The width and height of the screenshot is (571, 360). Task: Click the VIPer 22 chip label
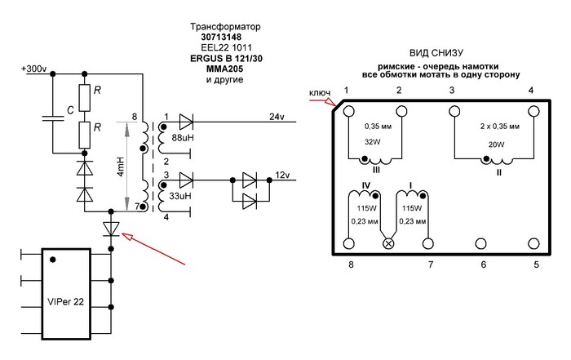tap(65, 302)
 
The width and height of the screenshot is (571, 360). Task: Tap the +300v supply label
tap(34, 69)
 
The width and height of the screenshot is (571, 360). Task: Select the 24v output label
tap(277, 117)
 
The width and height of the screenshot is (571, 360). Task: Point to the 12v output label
tap(282, 175)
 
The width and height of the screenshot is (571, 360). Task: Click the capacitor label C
tap(71, 110)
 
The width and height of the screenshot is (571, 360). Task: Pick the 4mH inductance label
tap(121, 167)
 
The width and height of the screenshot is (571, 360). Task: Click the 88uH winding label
tap(183, 138)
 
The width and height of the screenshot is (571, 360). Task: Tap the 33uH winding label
tap(180, 196)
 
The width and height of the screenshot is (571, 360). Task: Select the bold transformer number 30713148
tap(221, 38)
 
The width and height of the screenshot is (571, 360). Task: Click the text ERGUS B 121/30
tap(226, 58)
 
